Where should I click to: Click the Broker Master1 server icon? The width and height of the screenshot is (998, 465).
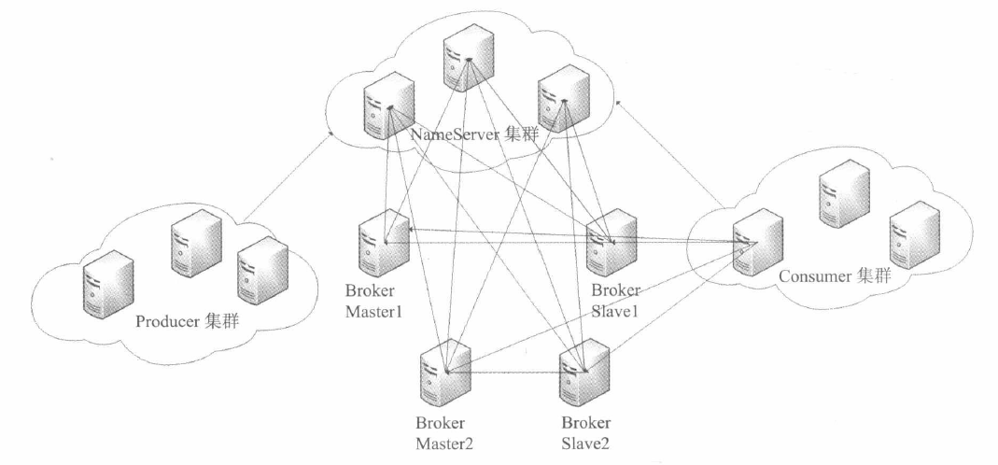[384, 240]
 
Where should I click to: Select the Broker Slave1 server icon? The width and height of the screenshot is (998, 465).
[612, 240]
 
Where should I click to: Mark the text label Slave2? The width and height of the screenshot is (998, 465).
[583, 440]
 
